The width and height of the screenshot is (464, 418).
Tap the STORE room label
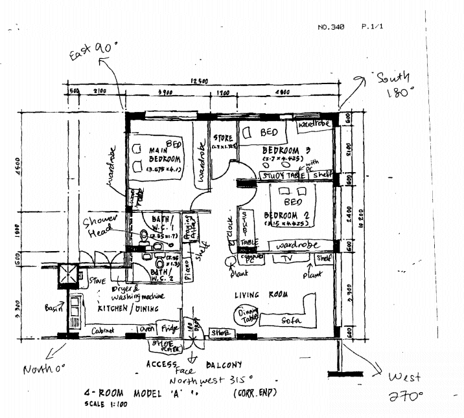click(223, 138)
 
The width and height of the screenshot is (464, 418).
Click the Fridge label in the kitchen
click(170, 329)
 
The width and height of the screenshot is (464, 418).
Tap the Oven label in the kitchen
click(147, 329)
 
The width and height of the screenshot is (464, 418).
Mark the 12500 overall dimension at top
click(199, 80)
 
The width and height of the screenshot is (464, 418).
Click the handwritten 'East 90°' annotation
click(92, 51)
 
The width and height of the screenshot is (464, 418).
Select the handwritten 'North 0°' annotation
click(45, 369)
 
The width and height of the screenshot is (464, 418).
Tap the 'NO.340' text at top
click(331, 27)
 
